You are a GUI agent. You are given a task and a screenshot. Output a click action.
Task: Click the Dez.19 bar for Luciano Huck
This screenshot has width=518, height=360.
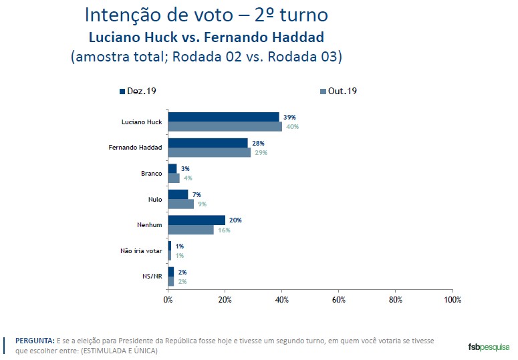(223, 117)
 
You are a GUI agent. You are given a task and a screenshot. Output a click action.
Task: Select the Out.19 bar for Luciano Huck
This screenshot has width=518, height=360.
(225, 126)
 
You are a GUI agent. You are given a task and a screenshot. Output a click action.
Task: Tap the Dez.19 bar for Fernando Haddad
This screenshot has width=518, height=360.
(207, 143)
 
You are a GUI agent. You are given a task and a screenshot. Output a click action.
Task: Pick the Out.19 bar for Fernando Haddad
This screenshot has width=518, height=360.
(209, 152)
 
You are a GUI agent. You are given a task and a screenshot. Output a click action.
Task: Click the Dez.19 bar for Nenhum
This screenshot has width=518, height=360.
(196, 220)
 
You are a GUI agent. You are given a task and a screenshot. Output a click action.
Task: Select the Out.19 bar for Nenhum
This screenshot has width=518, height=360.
(190, 229)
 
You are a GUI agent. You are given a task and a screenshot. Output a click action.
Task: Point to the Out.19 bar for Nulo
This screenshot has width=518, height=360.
(180, 204)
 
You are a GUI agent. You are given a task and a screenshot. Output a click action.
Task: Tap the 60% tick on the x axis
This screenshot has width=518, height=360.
(338, 299)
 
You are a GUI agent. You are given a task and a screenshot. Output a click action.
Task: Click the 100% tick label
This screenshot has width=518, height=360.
(452, 299)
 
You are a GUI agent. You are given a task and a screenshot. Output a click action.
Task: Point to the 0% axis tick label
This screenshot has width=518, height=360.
(168, 299)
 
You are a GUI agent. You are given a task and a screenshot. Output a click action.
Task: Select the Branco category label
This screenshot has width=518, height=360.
(150, 173)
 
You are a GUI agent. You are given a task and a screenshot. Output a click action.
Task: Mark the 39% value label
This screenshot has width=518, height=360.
(289, 118)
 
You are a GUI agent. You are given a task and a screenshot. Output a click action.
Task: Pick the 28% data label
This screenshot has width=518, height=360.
(257, 143)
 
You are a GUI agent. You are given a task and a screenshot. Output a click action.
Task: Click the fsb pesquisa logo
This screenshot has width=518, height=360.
(489, 347)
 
